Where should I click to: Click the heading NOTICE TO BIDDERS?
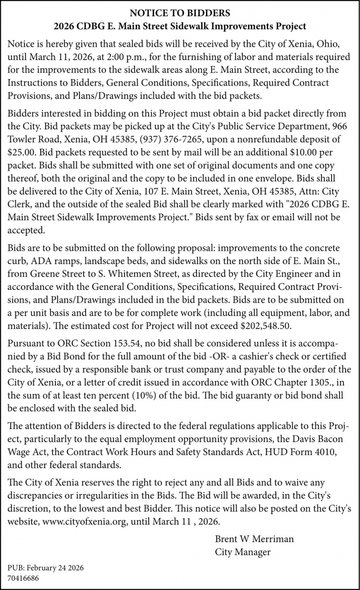click(x=180, y=13)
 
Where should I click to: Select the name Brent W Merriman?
click(x=254, y=539)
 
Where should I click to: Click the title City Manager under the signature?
click(x=242, y=552)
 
